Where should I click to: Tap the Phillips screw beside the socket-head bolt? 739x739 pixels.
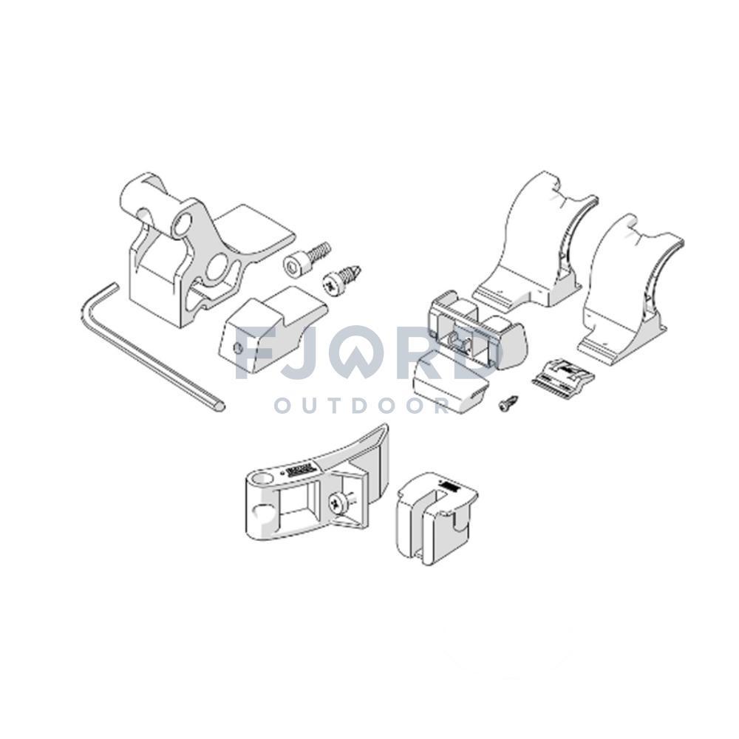point(341,279)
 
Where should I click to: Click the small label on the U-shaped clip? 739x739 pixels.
point(449,486)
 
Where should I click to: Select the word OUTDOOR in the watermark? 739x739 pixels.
point(361,406)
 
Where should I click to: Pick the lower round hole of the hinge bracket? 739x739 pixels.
point(217,268)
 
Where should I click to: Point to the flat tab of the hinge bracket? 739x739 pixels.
point(256,229)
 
